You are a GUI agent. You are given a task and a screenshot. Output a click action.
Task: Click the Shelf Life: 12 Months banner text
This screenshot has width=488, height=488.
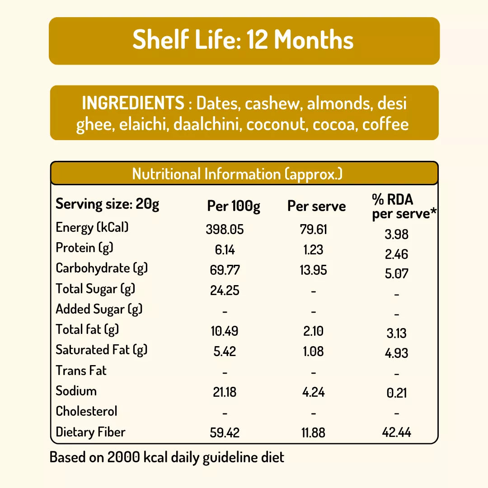point(243,40)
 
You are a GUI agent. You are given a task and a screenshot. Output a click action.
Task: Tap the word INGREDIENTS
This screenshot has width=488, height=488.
point(133,103)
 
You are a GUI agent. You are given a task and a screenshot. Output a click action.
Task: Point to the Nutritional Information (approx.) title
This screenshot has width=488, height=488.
point(237,174)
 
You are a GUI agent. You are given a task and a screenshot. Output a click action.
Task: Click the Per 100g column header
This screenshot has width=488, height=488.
point(234,206)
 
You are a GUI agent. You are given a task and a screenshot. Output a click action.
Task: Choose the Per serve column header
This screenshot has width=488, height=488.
point(316,206)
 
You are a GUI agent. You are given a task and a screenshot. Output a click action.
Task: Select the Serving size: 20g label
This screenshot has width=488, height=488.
point(107,204)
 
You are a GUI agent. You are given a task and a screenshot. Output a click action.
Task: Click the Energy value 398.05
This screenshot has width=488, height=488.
point(225,230)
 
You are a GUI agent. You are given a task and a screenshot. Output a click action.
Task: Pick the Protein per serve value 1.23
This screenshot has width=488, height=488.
point(313,250)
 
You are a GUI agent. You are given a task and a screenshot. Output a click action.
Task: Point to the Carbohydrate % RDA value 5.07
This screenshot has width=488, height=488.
point(396,274)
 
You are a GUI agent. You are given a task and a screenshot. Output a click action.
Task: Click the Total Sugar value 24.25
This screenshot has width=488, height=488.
point(225,291)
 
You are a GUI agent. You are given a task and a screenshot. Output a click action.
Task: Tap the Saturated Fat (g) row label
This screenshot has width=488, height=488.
point(102,350)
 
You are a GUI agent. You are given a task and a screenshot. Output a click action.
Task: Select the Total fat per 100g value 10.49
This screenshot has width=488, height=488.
point(225,331)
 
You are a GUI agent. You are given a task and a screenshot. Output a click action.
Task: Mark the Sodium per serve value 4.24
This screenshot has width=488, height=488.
point(313,392)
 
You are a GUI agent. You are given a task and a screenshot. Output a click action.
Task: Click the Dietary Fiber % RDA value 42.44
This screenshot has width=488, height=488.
point(396,433)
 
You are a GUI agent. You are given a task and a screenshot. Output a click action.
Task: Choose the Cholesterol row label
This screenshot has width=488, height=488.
point(86,411)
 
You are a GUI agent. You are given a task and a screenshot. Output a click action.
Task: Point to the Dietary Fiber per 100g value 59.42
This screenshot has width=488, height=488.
point(225,433)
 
